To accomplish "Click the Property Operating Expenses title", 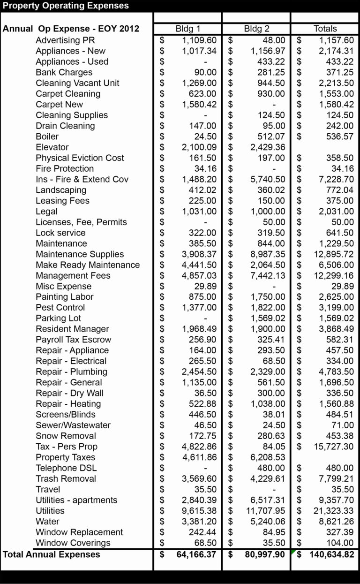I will pos(66,6).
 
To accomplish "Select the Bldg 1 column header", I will pos(187,29).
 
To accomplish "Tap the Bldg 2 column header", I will pos(256,29).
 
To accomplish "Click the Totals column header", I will pos(325,29).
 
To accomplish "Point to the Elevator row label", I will pos(52,147).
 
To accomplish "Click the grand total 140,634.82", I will pos(331,554).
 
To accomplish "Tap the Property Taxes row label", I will pos(65,457).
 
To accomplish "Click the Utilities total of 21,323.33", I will pos(334,511).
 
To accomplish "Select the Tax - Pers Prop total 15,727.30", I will pos(334,447).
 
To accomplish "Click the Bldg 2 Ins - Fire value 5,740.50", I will pos(268,179).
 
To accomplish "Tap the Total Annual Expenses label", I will pos(52,554).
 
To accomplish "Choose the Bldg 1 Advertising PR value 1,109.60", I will pos(199,40).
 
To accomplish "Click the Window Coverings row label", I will pos(73,543).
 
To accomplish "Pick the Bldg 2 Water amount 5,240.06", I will pos(268,522).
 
